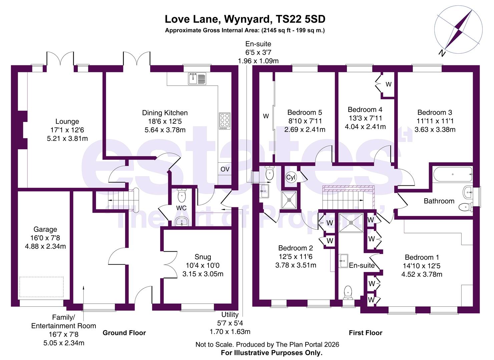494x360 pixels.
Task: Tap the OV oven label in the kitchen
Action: [x=225, y=169]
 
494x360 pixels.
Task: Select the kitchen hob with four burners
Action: [x=224, y=121]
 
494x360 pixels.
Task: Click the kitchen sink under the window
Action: [x=197, y=79]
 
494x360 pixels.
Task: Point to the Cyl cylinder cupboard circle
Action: [x=291, y=177]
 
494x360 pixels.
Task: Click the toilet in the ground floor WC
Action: [x=182, y=196]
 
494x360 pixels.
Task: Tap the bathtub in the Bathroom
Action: [x=453, y=174]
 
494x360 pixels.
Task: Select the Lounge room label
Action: [x=67, y=122]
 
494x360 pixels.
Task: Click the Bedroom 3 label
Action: [x=435, y=112]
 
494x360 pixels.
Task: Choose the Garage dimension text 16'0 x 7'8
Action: [x=45, y=238]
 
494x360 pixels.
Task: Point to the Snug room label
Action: [x=203, y=257]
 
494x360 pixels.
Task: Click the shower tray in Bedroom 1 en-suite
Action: [x=351, y=222]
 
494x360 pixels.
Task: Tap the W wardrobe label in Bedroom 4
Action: [x=388, y=84]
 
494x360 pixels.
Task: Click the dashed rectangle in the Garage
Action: [x=42, y=286]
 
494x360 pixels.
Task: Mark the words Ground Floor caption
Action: [x=124, y=333]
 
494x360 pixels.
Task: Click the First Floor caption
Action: [x=365, y=333]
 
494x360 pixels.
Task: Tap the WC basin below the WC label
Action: [x=182, y=221]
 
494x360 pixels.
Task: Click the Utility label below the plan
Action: [x=230, y=315]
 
